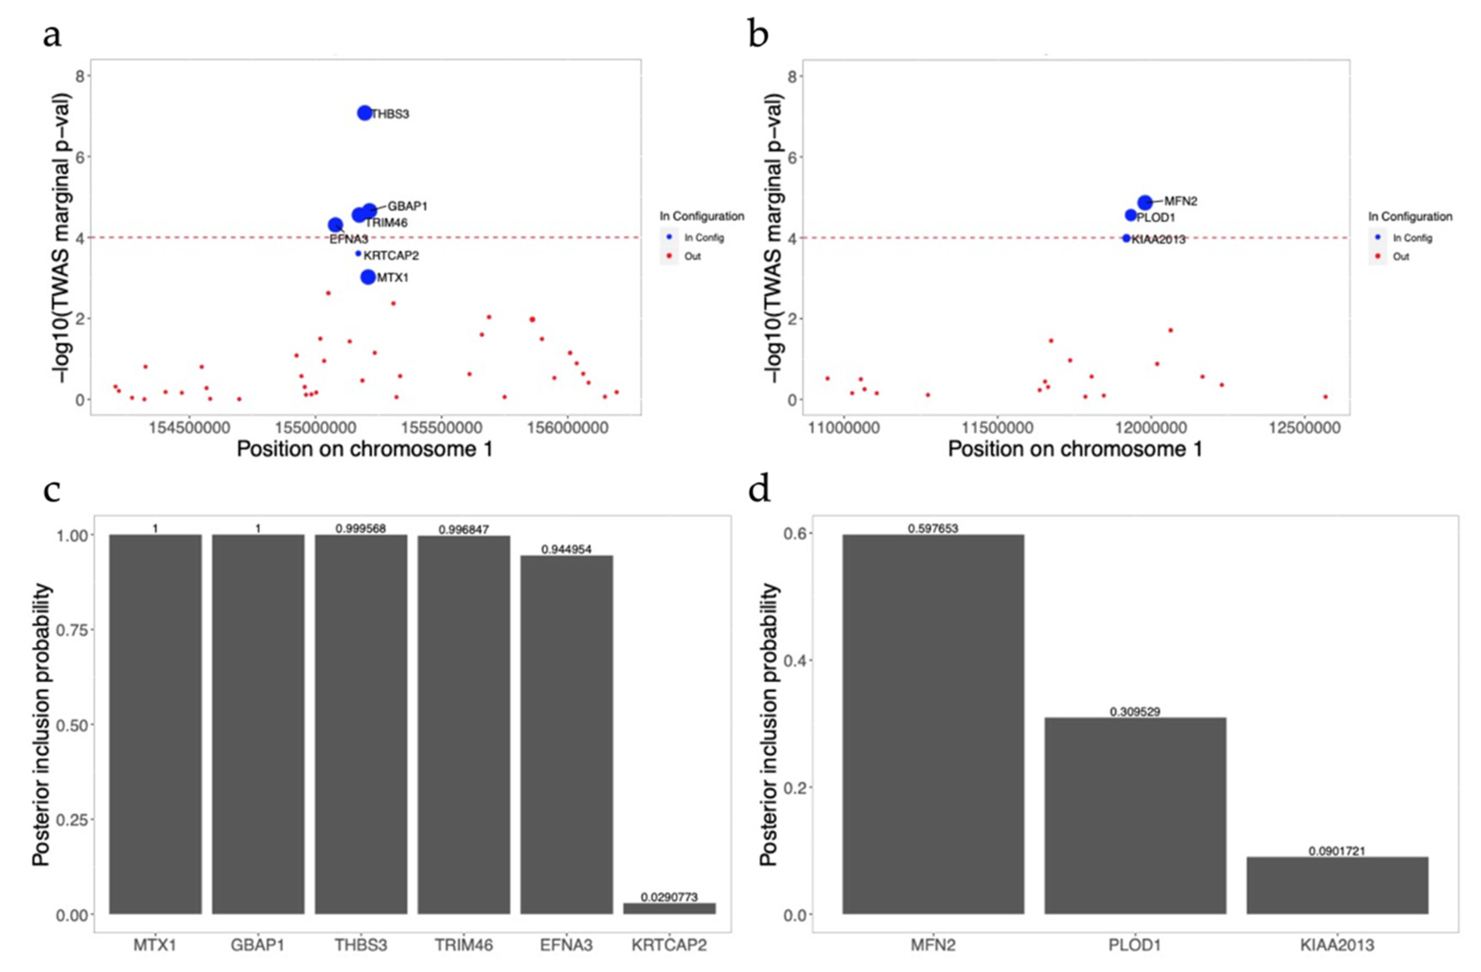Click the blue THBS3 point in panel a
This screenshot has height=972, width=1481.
[x=364, y=113]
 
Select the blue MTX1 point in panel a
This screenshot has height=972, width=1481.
[x=368, y=277]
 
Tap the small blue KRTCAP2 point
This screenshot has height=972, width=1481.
[x=358, y=253]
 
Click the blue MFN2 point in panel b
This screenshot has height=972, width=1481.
[x=1145, y=202]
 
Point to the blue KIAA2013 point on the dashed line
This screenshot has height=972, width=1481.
[x=1126, y=238]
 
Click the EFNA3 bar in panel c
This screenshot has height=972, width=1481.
[x=566, y=734]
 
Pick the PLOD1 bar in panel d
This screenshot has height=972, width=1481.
[x=1135, y=815]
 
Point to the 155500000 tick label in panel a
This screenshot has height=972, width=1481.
[x=441, y=428]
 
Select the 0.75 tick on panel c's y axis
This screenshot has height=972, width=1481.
[x=72, y=630]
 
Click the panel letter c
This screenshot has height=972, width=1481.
[x=52, y=490]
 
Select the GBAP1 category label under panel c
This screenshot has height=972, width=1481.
[x=258, y=945]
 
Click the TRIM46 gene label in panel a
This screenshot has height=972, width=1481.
[x=386, y=223]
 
